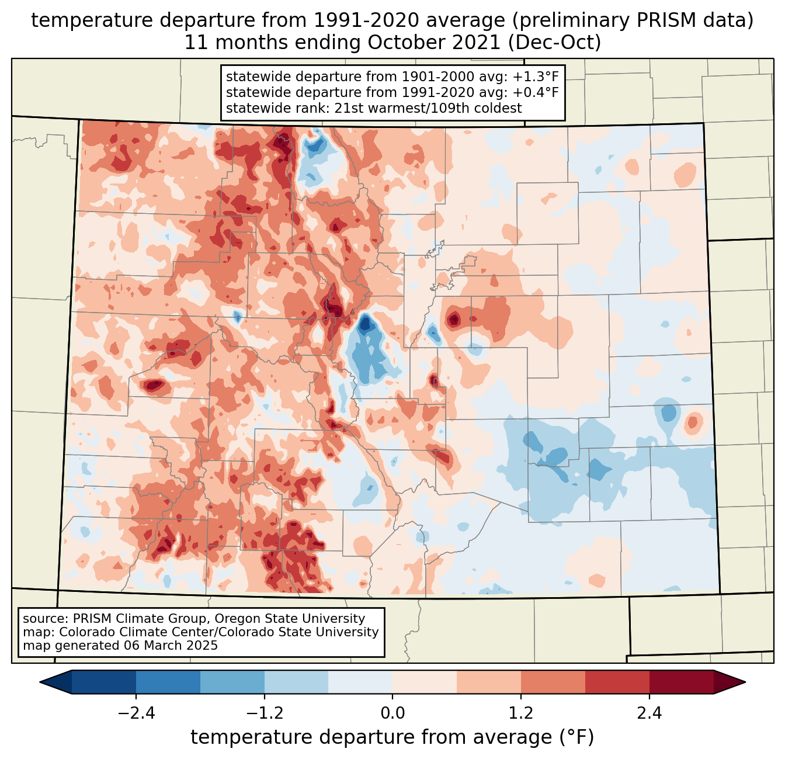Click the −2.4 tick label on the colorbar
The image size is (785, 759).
point(136,713)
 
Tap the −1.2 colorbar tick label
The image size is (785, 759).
point(264,713)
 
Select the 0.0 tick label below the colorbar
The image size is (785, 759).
point(392,713)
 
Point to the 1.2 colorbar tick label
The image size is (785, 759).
point(521,713)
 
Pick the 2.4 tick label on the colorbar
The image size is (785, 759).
point(649,713)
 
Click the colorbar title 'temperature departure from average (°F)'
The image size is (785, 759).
point(392,737)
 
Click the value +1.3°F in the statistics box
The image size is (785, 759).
point(536,77)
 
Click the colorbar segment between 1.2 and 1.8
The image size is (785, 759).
point(553,682)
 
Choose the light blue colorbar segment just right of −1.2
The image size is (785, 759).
point(296,682)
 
